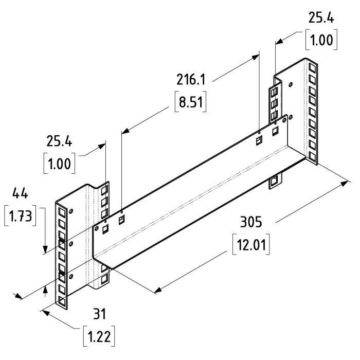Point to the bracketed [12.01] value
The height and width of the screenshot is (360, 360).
coord(251,243)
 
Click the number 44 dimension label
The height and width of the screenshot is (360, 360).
coord(20,194)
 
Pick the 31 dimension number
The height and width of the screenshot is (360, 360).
coord(99,314)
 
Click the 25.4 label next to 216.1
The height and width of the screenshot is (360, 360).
coord(321,19)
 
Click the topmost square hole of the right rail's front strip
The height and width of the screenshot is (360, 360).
coord(312,67)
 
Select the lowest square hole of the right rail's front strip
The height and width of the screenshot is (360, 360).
coord(312,155)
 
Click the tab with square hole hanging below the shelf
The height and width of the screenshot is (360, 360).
coord(275,181)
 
